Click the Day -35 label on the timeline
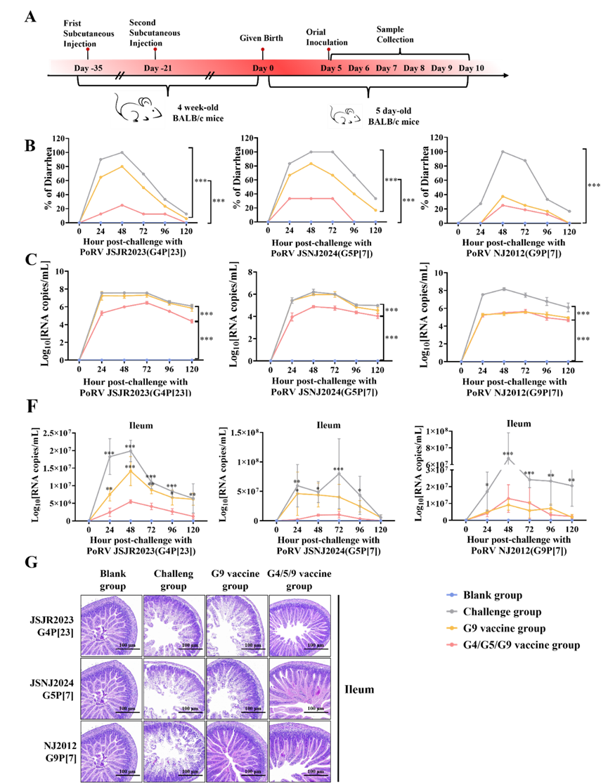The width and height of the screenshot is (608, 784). (88, 68)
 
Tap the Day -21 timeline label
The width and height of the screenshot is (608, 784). (157, 68)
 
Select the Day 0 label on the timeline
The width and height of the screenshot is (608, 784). (263, 68)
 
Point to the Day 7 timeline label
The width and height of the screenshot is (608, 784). (386, 68)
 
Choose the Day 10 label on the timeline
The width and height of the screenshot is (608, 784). (471, 68)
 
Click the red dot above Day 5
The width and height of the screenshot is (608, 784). (328, 49)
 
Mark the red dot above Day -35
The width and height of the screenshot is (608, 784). (88, 49)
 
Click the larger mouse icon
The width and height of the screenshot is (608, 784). (138, 109)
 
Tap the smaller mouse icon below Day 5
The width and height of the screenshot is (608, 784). (344, 116)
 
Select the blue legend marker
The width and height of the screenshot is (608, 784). (451, 594)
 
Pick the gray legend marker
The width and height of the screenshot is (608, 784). (451, 611)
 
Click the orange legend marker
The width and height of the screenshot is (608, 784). (451, 628)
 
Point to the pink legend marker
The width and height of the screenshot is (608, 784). (451, 644)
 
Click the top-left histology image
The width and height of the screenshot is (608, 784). (110, 625)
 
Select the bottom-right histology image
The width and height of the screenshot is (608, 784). (299, 750)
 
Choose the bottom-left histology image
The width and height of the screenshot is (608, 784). (110, 750)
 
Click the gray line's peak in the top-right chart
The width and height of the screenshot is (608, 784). (503, 151)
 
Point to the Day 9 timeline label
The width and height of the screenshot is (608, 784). (441, 68)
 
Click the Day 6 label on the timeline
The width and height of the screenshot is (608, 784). (358, 68)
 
